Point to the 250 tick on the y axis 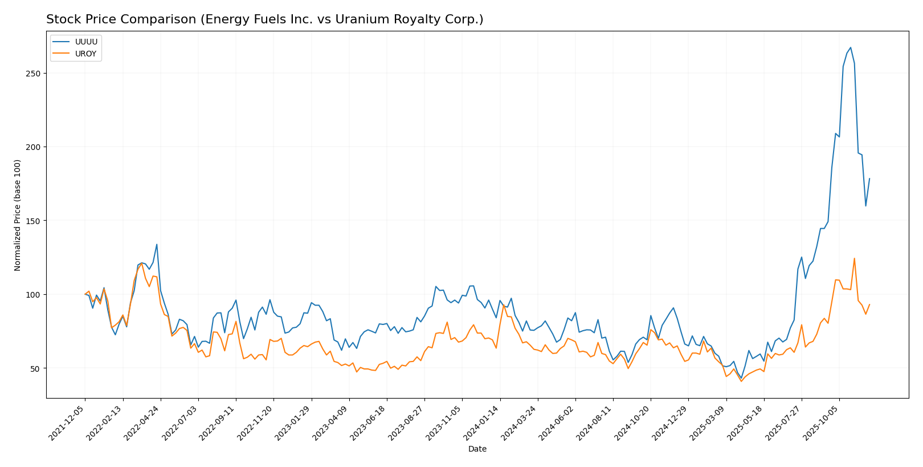point(35,74)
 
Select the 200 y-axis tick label point(35,147)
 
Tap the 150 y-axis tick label point(35,221)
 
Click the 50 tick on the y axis point(36,368)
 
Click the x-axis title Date point(477,449)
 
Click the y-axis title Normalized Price point(18,214)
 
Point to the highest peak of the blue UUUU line point(850,48)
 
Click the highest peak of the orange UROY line point(854,258)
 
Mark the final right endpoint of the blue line point(869,178)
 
